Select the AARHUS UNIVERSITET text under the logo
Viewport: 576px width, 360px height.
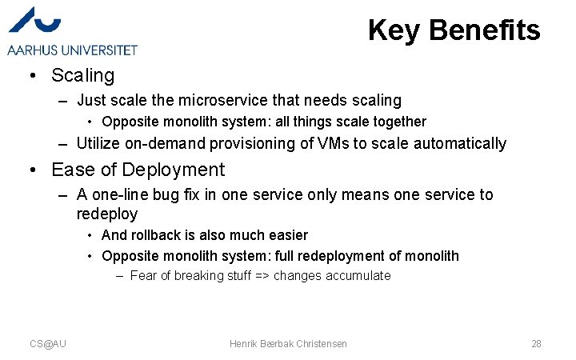click(x=73, y=50)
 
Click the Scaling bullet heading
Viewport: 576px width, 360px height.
click(x=82, y=76)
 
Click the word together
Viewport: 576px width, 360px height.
click(x=397, y=122)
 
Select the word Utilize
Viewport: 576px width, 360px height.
click(x=99, y=144)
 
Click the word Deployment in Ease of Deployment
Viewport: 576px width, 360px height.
click(x=175, y=170)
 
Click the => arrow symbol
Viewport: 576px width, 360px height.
click(x=260, y=276)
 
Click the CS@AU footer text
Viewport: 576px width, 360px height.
click(x=48, y=344)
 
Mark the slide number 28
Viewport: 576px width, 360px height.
click(x=536, y=344)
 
